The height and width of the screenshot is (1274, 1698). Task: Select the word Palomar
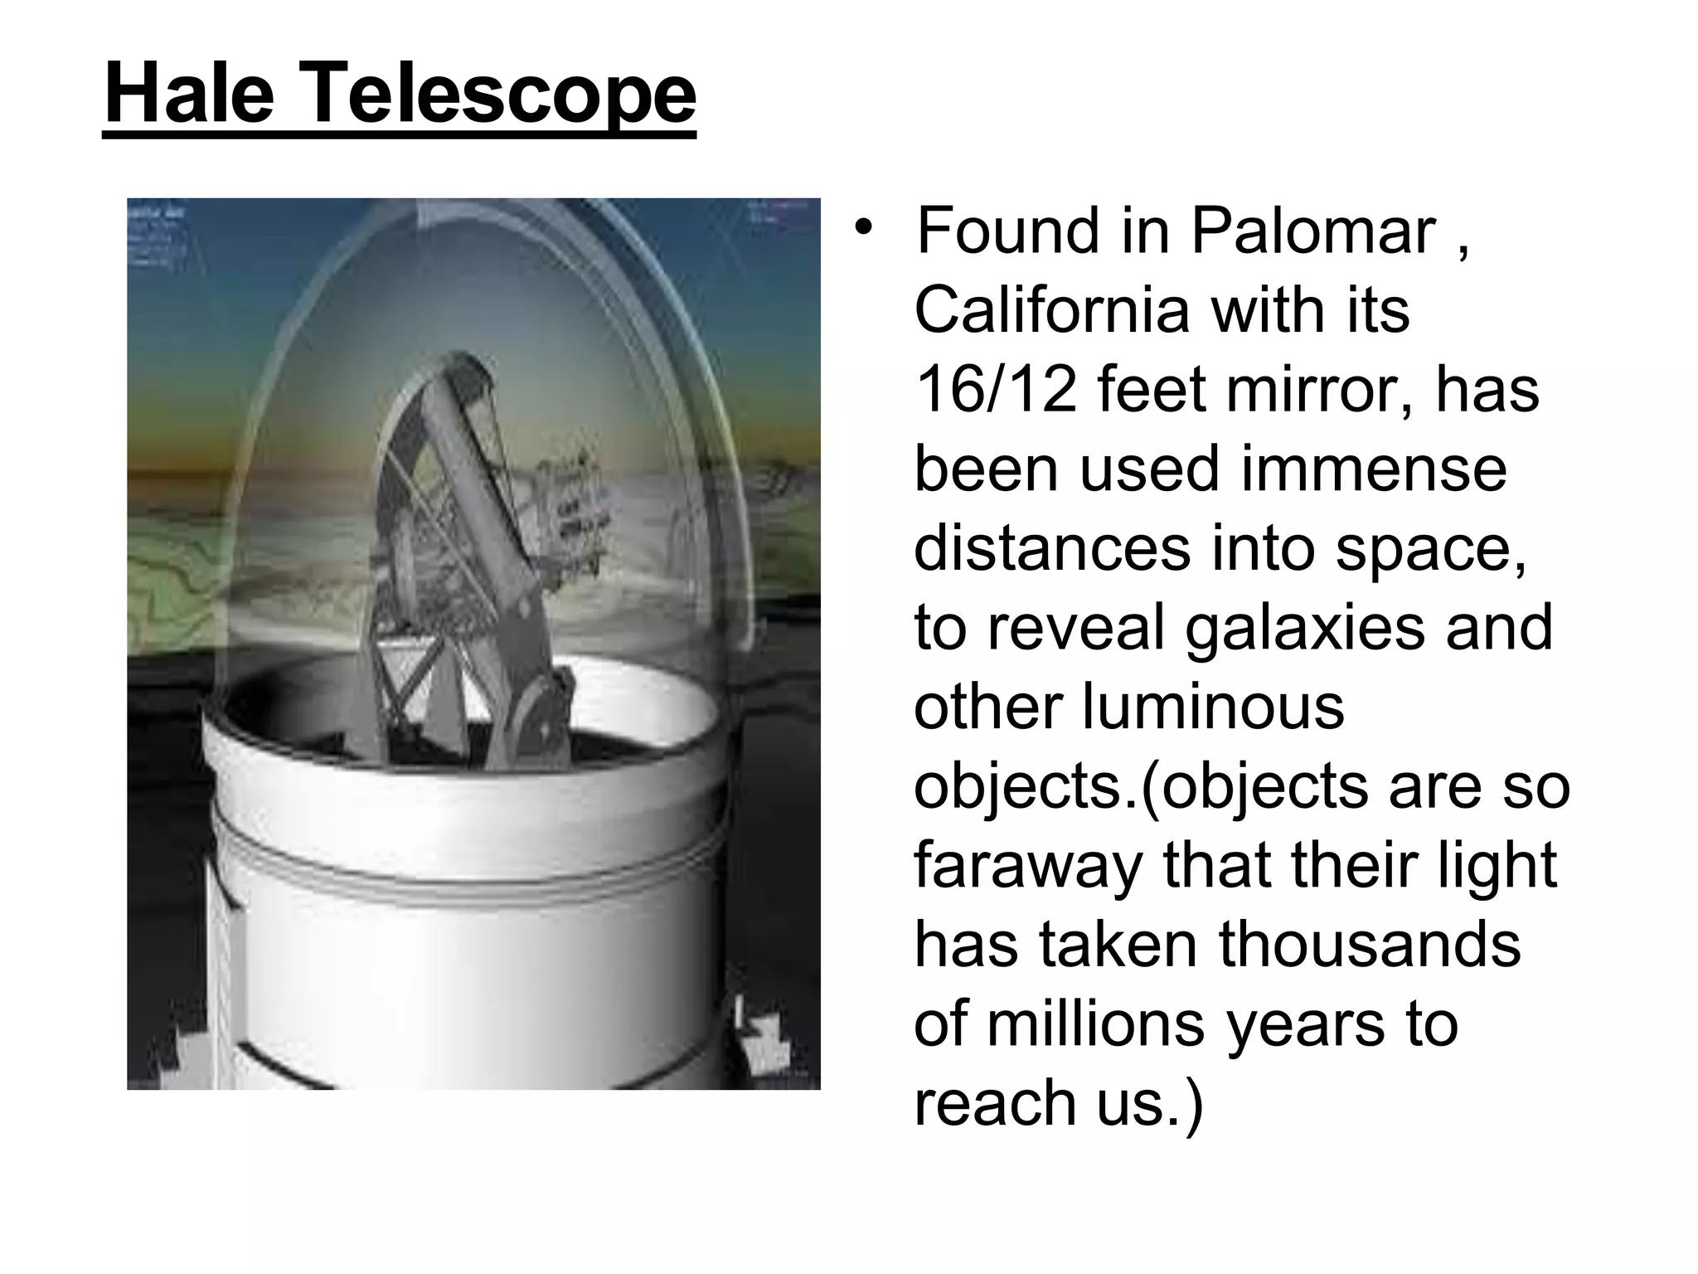pyautogui.click(x=1313, y=231)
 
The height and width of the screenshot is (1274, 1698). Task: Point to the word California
pyautogui.click(x=1051, y=310)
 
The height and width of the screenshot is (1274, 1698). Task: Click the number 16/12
pyautogui.click(x=995, y=390)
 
